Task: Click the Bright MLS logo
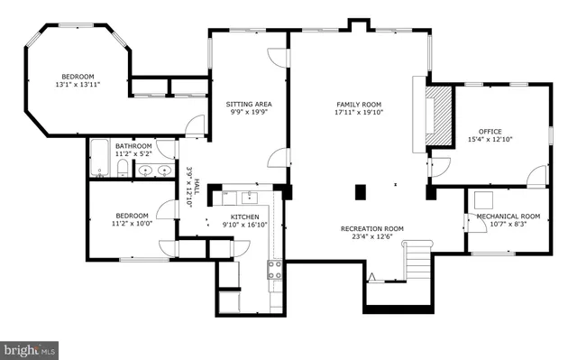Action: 31,347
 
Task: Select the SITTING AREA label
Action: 248,105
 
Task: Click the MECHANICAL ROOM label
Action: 508,216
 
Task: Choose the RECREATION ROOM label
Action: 371,229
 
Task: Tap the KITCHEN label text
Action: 244,217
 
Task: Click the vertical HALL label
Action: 188,187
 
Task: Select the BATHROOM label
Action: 133,145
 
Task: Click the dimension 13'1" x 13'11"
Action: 77,84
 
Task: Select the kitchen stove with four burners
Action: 272,267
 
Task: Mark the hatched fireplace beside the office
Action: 438,112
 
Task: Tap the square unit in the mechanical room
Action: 483,201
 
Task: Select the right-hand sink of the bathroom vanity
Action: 164,171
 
